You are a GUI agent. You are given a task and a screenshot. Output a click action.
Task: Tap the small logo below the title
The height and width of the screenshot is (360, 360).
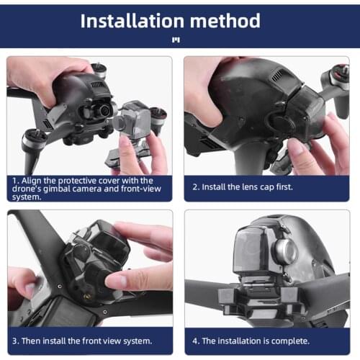[176, 40]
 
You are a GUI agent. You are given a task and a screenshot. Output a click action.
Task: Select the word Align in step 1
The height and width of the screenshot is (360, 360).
[32, 181]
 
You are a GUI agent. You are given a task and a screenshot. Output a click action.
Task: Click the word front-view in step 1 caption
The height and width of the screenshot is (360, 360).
[136, 189]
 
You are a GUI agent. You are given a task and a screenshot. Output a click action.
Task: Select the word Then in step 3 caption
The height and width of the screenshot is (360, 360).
[32, 339]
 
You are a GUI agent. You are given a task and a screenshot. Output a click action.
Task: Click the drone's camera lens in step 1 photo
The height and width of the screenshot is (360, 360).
[103, 110]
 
